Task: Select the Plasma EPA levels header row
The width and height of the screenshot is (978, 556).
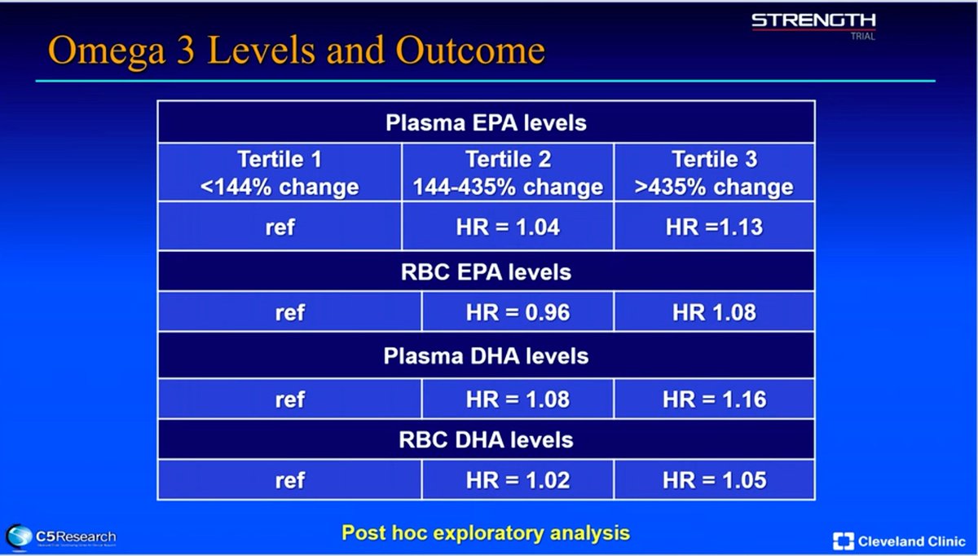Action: click(486, 124)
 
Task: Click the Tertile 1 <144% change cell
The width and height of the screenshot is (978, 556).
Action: click(280, 173)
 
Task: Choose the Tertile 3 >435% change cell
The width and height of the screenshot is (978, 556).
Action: click(714, 173)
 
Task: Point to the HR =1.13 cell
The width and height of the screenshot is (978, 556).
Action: click(714, 226)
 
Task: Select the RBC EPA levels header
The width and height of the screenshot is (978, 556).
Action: click(486, 271)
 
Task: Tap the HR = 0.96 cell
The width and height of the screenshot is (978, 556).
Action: click(517, 312)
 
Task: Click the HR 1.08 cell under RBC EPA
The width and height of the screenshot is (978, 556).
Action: click(714, 312)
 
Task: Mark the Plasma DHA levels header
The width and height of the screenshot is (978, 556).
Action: click(486, 356)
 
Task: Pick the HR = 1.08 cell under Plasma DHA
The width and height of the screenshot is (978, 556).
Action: click(517, 399)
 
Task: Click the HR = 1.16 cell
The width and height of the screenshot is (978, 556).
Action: click(714, 399)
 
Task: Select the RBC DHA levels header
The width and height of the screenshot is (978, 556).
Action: click(486, 440)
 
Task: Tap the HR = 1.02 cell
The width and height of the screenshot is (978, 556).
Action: click(517, 480)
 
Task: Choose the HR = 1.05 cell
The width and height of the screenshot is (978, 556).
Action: click(714, 480)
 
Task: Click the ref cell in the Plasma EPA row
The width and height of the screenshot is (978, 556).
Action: click(280, 226)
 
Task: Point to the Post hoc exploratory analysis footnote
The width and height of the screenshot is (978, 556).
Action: click(486, 533)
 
